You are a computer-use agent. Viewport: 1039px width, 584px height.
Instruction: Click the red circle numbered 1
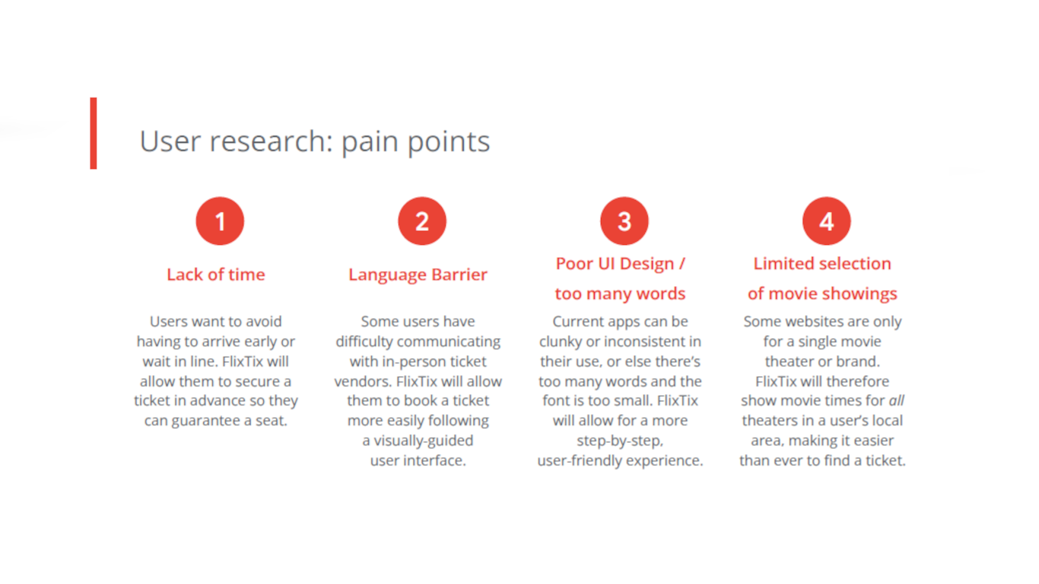click(x=220, y=221)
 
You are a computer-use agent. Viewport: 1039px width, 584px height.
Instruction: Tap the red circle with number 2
click(x=421, y=221)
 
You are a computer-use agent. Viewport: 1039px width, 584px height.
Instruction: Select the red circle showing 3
click(x=624, y=221)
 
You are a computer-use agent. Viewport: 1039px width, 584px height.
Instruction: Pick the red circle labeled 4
click(x=826, y=221)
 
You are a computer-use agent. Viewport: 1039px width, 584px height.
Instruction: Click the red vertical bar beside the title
click(x=94, y=133)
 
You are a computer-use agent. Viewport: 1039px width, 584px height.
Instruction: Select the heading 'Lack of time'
click(x=216, y=275)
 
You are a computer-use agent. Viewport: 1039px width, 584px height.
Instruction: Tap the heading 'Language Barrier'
click(x=418, y=275)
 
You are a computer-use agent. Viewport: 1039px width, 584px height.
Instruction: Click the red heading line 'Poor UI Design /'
click(x=620, y=264)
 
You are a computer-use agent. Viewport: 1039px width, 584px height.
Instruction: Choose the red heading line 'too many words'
click(x=620, y=294)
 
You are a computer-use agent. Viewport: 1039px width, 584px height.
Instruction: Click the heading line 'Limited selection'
click(x=822, y=264)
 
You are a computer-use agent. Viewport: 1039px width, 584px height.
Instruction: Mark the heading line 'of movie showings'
click(x=822, y=294)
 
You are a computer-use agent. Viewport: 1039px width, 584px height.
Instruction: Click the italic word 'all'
click(x=896, y=401)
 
